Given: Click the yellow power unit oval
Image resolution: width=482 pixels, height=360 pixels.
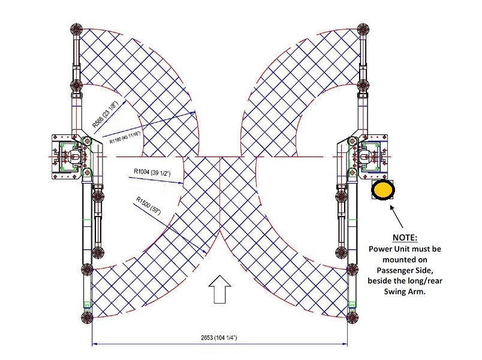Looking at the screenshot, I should pos(382,191).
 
